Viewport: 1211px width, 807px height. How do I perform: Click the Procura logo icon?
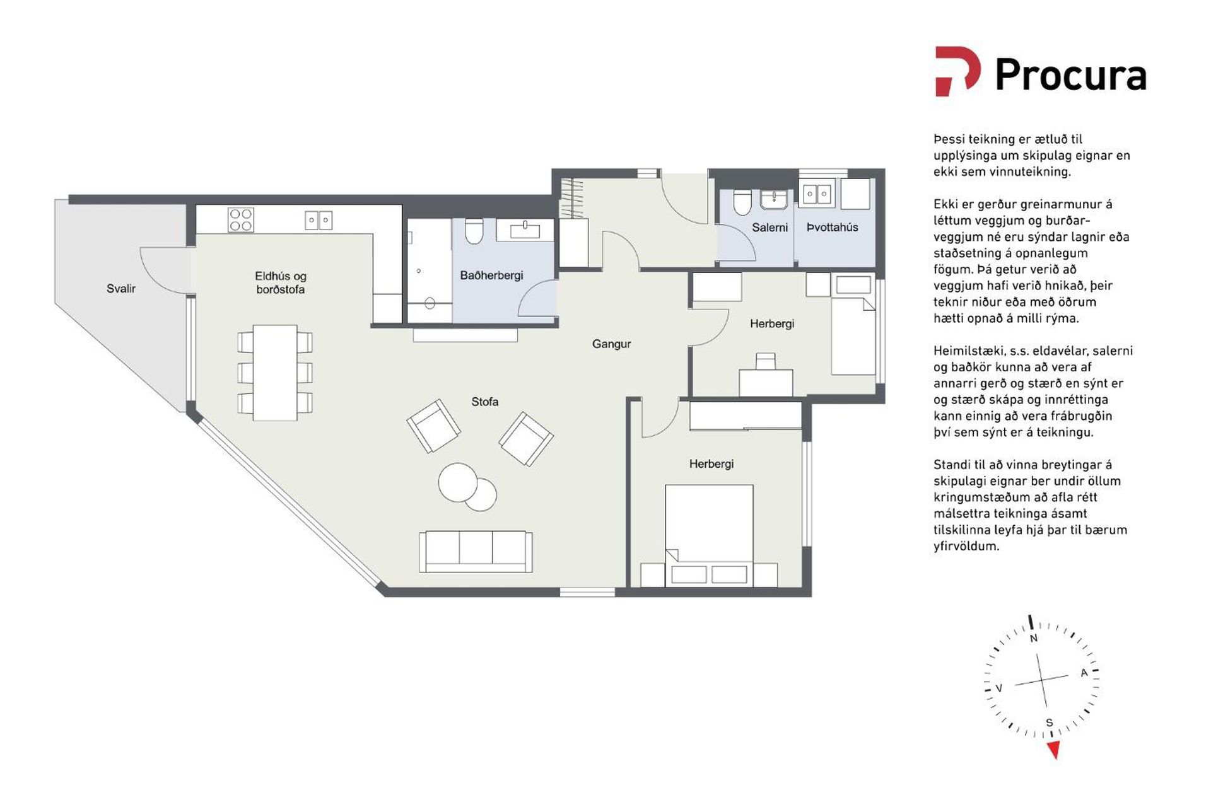click(x=957, y=71)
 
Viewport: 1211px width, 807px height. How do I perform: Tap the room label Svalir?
click(x=121, y=289)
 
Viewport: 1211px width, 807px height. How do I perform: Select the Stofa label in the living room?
click(x=484, y=402)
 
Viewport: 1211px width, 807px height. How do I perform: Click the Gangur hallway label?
click(x=611, y=344)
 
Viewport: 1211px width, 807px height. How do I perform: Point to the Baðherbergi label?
click(x=491, y=276)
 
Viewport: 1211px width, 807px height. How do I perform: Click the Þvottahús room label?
click(x=832, y=227)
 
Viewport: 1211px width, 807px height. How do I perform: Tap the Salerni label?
click(x=769, y=228)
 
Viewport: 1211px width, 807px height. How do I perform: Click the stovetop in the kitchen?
click(x=241, y=220)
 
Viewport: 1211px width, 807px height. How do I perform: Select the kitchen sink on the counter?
click(x=319, y=220)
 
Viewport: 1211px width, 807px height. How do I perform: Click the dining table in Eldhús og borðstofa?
click(x=275, y=373)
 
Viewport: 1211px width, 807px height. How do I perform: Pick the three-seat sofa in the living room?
click(x=476, y=552)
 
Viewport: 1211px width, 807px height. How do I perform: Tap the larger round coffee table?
click(x=458, y=483)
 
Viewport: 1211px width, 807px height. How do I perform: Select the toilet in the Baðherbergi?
click(x=473, y=231)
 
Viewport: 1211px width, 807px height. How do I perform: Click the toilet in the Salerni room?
click(x=742, y=202)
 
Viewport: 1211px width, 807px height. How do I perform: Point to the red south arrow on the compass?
click(x=1053, y=750)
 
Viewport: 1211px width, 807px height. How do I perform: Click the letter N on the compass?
click(x=1034, y=638)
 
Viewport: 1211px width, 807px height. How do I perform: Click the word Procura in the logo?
click(x=1070, y=75)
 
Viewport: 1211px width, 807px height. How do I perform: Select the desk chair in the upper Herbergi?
click(x=766, y=361)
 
